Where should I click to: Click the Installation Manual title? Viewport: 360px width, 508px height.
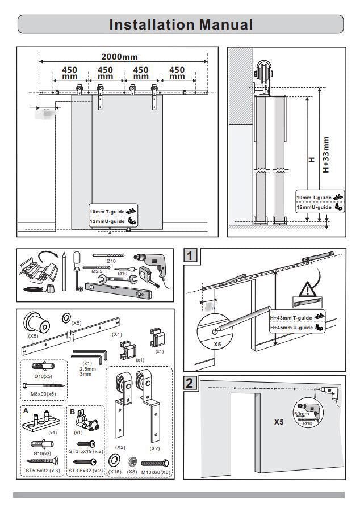click(x=181, y=24)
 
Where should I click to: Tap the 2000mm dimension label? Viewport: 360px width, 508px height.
click(x=119, y=57)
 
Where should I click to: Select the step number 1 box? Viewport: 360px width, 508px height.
click(x=192, y=256)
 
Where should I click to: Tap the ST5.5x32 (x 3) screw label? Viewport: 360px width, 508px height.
click(x=41, y=471)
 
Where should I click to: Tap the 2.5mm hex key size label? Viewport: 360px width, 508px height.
click(x=87, y=369)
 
